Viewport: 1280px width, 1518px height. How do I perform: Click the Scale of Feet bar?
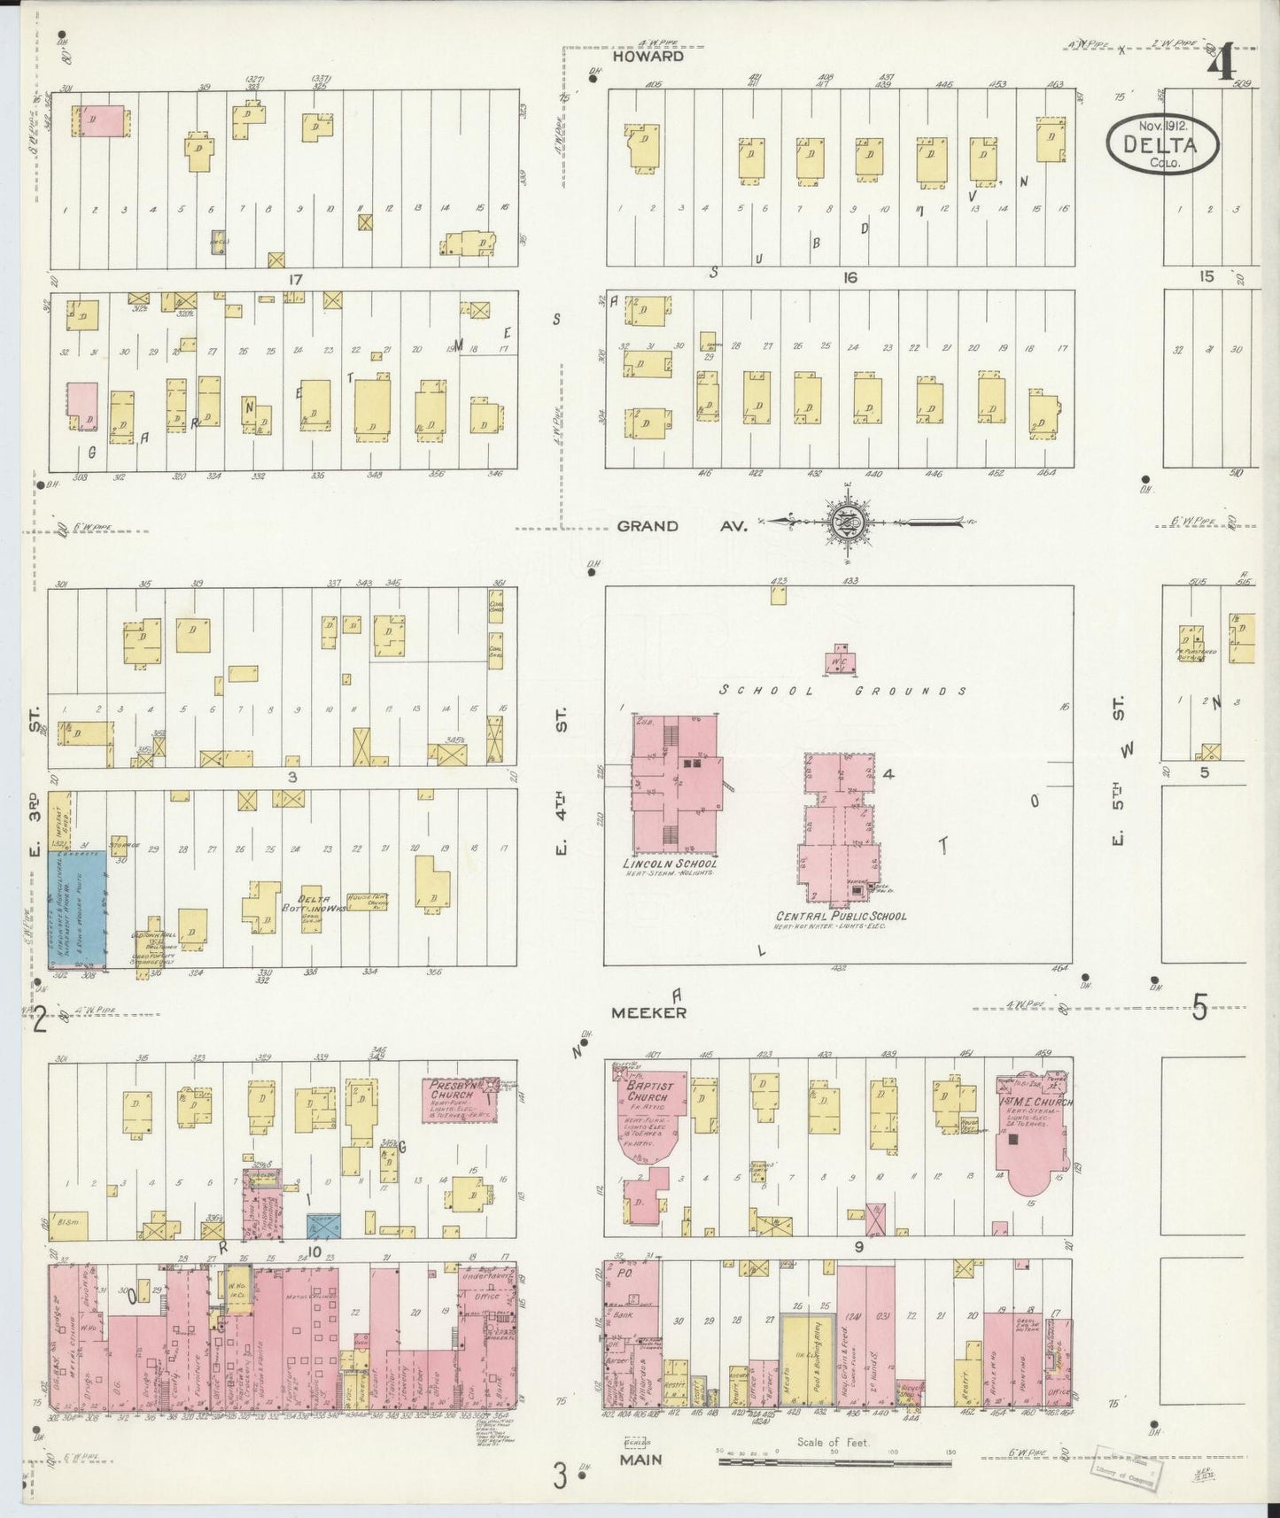pyautogui.click(x=837, y=1459)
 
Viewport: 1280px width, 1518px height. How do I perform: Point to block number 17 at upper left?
pyautogui.click(x=295, y=279)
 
